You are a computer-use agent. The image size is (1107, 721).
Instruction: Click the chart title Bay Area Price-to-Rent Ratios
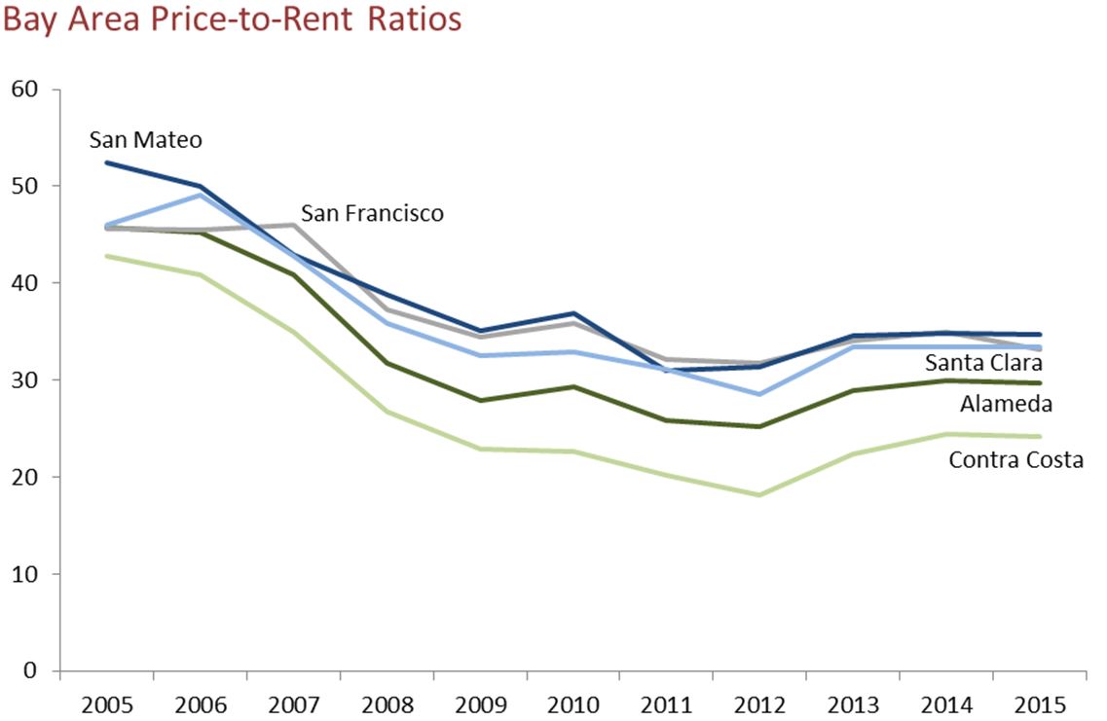click(x=232, y=20)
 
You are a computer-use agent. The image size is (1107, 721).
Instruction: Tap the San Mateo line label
click(x=146, y=140)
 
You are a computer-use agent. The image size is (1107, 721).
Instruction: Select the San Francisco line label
click(x=372, y=213)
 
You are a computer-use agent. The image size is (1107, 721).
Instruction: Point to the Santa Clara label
click(x=983, y=363)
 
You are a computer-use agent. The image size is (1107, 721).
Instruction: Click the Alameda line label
click(x=1006, y=404)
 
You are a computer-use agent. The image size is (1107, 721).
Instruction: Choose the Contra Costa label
click(x=1015, y=459)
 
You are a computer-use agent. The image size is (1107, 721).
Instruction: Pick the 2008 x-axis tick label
click(x=387, y=703)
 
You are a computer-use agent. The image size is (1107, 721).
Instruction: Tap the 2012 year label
click(x=758, y=703)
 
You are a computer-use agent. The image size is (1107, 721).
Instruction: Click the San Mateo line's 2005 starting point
click(x=107, y=162)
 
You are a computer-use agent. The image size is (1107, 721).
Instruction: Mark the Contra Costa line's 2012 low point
click(x=758, y=495)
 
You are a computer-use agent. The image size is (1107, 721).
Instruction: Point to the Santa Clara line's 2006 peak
click(x=201, y=195)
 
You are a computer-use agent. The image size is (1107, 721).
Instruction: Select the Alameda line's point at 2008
click(x=387, y=363)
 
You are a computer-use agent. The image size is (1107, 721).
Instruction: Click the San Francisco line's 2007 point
click(x=293, y=225)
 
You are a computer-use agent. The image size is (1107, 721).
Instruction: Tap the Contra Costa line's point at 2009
click(x=479, y=449)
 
